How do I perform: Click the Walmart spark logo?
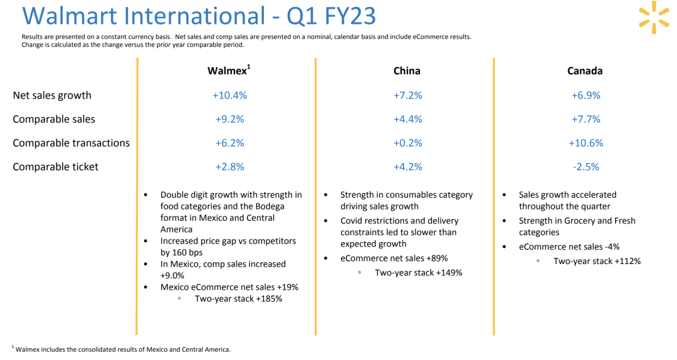(x=654, y=17)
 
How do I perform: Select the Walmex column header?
(x=228, y=71)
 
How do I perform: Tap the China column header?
(x=407, y=71)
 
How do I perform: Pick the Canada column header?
(x=585, y=71)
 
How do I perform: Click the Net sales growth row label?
(x=52, y=95)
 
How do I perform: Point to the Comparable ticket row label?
(x=56, y=167)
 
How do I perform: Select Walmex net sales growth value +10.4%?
(x=229, y=95)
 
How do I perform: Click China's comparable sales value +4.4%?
(x=407, y=119)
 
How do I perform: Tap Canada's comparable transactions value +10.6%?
(x=585, y=143)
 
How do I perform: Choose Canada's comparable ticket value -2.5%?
(x=585, y=167)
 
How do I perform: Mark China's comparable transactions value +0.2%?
(x=407, y=143)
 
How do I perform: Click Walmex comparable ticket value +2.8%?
(x=229, y=167)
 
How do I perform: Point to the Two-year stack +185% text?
(x=238, y=299)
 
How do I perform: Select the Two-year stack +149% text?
(x=418, y=273)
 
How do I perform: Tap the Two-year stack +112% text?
(x=597, y=261)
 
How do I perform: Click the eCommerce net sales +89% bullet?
(x=394, y=258)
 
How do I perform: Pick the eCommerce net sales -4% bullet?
(x=569, y=246)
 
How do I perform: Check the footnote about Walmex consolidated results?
(x=123, y=349)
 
